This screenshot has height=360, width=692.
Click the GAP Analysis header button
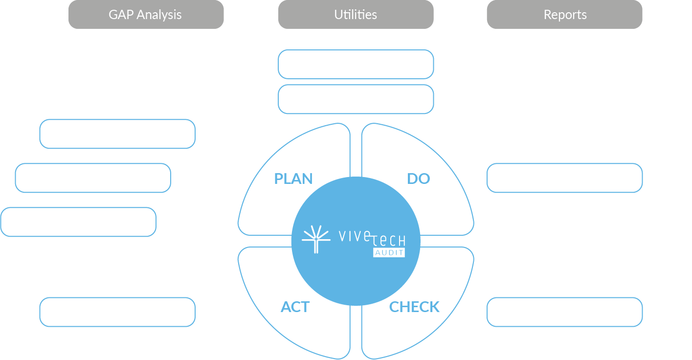[146, 15]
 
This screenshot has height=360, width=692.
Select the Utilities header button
[356, 15]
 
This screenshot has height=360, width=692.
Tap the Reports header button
[564, 15]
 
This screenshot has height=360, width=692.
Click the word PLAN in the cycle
[293, 179]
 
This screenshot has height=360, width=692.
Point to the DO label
[419, 179]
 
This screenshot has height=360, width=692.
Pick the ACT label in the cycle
[295, 307]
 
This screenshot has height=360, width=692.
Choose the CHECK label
[414, 307]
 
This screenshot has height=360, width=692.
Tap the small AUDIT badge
[389, 252]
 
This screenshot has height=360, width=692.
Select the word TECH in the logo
[389, 241]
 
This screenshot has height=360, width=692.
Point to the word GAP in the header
[121, 15]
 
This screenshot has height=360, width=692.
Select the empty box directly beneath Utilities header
[356, 64]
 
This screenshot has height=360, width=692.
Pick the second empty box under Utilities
[356, 99]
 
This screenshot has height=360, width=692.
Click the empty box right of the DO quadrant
[564, 178]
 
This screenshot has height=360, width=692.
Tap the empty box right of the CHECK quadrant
[564, 312]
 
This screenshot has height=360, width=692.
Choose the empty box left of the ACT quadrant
[117, 312]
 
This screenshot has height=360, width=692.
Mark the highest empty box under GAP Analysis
[117, 134]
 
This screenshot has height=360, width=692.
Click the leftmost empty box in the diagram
[78, 222]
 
